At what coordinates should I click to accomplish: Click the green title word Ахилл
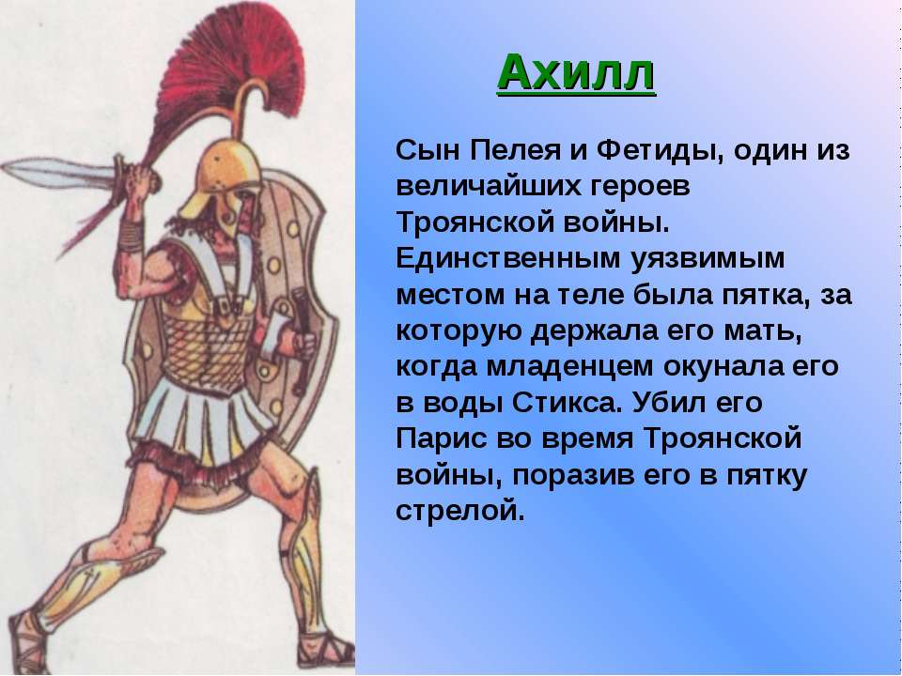pyautogui.click(x=576, y=73)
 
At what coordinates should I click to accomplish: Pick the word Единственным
pyautogui.click(x=508, y=259)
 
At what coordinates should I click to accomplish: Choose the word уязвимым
pyautogui.click(x=708, y=260)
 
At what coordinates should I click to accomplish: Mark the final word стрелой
pyautogui.click(x=460, y=512)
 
